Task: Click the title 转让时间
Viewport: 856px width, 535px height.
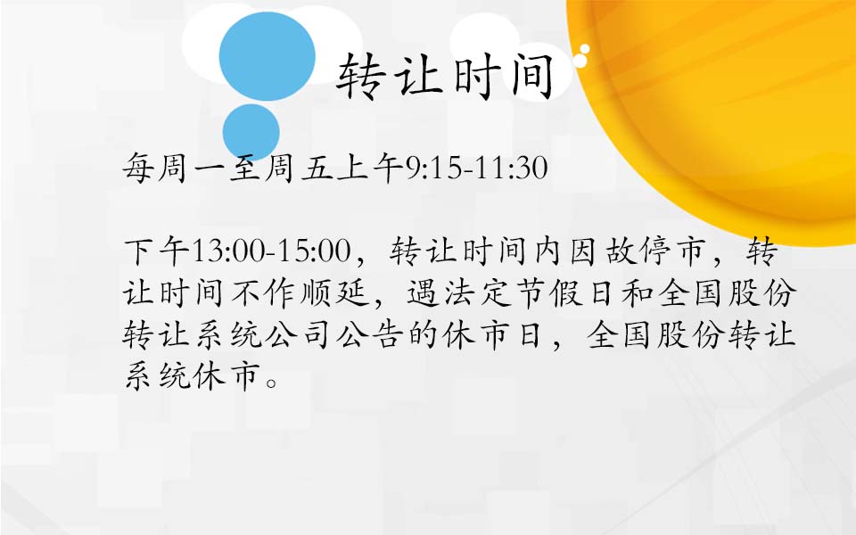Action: pos(445,77)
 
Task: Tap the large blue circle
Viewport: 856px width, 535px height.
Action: pos(267,56)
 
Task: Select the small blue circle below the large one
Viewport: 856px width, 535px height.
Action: pos(251,132)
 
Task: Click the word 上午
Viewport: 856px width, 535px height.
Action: pos(370,167)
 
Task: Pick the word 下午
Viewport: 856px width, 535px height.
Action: pos(158,251)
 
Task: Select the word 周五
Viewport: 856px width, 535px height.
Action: pos(300,167)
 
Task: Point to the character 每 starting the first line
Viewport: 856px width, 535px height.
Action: pos(139,167)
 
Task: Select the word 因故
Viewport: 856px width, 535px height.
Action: pos(602,251)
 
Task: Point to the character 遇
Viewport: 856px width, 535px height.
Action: pos(423,293)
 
